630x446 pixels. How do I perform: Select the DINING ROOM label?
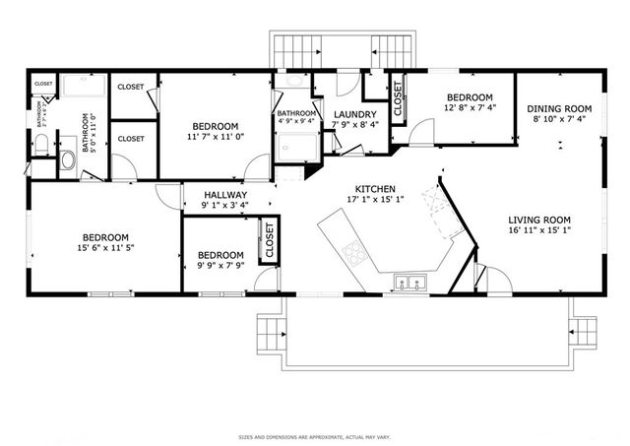point(558,108)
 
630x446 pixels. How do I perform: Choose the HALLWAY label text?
point(224,195)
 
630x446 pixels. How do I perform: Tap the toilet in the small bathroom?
point(41,146)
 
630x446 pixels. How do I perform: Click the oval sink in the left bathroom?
point(69,159)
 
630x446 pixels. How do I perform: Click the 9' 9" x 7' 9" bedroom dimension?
point(220,265)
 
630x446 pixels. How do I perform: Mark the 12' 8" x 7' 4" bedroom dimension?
point(469,109)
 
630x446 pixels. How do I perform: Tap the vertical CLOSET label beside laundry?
point(399,99)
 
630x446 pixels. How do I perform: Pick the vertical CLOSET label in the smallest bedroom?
point(269,241)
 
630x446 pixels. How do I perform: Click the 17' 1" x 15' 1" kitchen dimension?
point(376,200)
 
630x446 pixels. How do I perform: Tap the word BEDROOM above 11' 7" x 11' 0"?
point(215,126)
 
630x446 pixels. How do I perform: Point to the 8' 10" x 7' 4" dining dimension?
point(558,120)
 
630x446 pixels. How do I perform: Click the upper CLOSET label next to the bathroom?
point(131,87)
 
